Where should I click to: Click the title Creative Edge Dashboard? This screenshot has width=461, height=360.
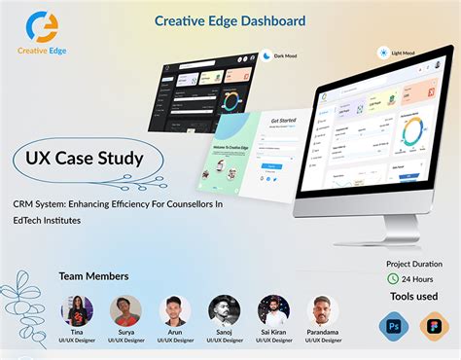[x=230, y=20]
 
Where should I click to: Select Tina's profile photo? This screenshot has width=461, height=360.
[x=77, y=310]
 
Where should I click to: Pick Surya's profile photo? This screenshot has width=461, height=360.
[x=126, y=310]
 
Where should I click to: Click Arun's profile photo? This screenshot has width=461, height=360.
[x=175, y=310]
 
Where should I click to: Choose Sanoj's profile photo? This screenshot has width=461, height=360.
[x=225, y=310]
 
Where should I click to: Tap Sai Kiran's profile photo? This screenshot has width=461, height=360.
[x=273, y=310]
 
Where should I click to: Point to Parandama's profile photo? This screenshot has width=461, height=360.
[x=323, y=310]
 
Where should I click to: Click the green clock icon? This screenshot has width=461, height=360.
[x=393, y=279]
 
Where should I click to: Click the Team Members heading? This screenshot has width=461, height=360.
[x=94, y=276]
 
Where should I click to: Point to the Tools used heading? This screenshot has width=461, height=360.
[x=413, y=298]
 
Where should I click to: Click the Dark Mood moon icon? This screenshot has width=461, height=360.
[x=266, y=56]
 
